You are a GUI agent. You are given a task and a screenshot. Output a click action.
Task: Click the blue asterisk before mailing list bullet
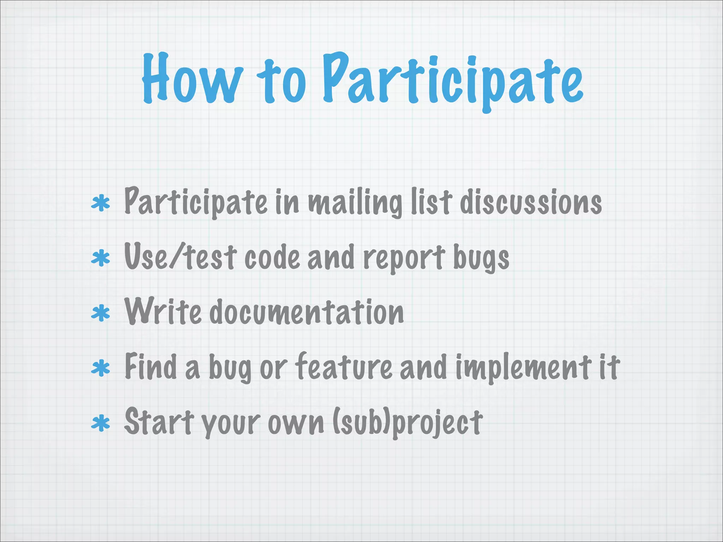[x=101, y=204]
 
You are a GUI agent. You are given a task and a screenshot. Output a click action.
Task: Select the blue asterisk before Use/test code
[x=101, y=258]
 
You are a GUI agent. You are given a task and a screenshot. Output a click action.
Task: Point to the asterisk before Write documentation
[x=101, y=313]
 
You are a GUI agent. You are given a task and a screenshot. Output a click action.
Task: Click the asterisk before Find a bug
[x=101, y=368]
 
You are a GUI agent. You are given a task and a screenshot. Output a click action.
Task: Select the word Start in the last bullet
[x=159, y=421]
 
